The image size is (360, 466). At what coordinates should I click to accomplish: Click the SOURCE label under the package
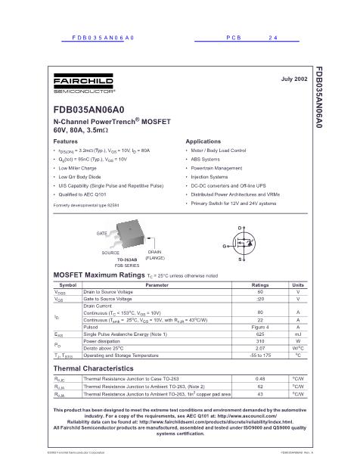(110, 252)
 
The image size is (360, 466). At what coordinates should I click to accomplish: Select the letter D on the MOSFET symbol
(241, 228)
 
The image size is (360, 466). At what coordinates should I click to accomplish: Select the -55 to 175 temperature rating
(259, 355)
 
